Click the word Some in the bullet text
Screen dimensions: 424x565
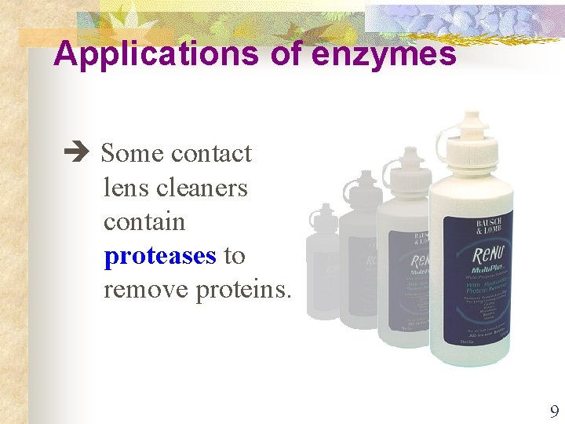132,153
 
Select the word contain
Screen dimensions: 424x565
144,221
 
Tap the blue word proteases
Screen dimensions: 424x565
160,256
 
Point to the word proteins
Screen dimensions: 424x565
243,290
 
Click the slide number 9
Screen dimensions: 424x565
554,411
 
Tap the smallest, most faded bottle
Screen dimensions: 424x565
321,259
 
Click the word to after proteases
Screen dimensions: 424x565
235,256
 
